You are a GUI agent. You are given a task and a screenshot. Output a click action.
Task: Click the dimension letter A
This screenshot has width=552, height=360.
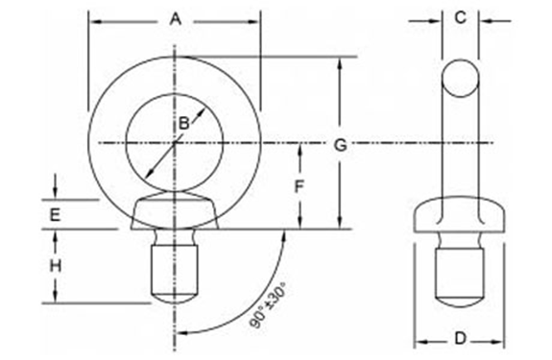(174, 18)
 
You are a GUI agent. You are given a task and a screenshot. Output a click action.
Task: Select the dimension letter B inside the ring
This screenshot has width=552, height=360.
(183, 122)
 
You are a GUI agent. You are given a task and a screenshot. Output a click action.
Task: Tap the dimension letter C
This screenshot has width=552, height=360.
(460, 17)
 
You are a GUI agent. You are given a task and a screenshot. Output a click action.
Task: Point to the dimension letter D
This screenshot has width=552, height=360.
(460, 340)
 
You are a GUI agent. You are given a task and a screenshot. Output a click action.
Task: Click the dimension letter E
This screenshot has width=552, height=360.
(55, 215)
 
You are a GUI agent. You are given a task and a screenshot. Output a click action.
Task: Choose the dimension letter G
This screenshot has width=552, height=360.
(340, 145)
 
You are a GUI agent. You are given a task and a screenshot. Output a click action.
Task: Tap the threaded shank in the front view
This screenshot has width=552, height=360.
(174, 271)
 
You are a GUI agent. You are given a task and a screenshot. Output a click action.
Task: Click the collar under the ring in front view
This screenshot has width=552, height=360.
(174, 211)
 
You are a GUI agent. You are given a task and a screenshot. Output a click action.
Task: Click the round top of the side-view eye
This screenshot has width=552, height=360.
(459, 77)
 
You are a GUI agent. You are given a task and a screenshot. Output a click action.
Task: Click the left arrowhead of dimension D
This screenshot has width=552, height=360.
(420, 340)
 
